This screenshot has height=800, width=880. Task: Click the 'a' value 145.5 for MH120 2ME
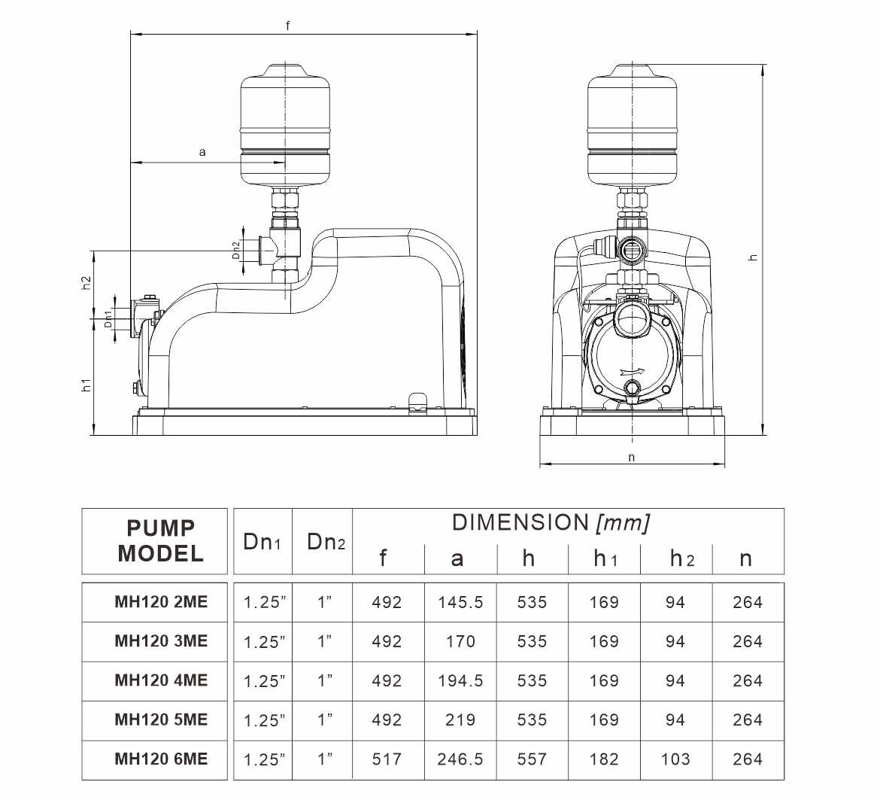coord(460,602)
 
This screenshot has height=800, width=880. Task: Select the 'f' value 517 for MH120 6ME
coord(387,759)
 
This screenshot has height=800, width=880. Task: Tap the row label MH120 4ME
coord(161,680)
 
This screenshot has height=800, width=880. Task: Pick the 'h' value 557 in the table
coord(532,759)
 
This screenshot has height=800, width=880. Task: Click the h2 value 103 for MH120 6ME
coord(675,759)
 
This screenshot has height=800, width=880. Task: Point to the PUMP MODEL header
coord(160,541)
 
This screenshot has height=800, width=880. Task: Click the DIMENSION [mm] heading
coord(551,522)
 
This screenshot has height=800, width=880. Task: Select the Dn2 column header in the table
coord(326,542)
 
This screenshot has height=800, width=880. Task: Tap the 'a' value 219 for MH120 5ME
coord(460,719)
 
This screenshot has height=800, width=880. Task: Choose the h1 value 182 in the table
coord(604,759)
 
